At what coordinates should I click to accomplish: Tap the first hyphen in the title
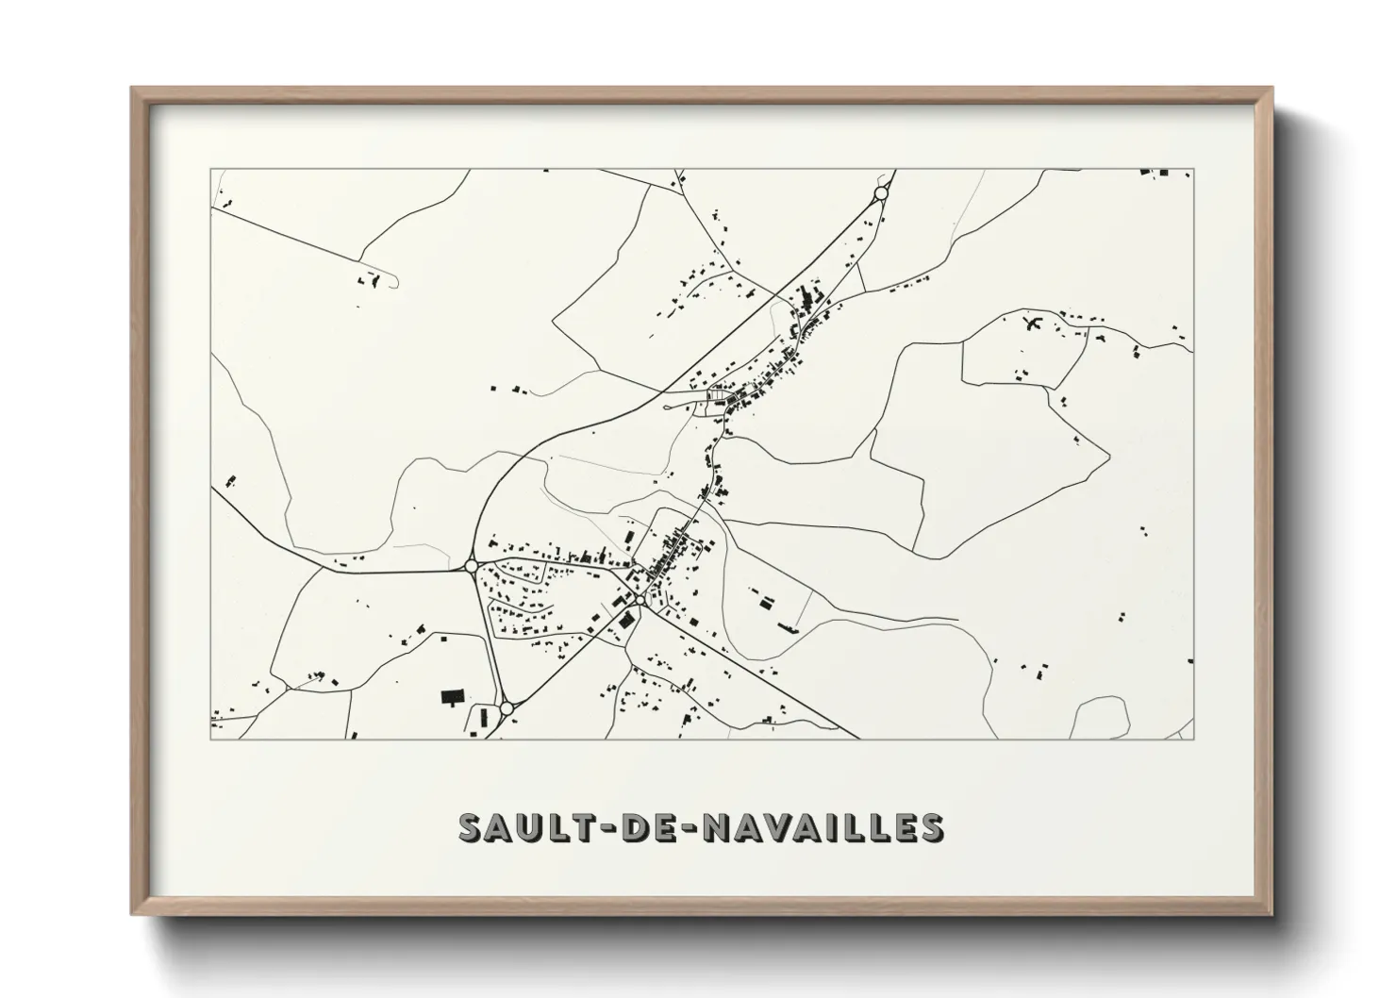pos(604,828)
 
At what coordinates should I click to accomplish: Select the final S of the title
pos(930,827)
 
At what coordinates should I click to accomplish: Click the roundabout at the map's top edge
pos(881,193)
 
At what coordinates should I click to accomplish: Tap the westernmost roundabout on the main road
pos(471,566)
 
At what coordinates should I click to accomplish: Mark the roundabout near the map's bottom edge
pos(507,707)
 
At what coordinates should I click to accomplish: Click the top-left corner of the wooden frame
pos(132,89)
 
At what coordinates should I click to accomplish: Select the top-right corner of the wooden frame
pos(1271,89)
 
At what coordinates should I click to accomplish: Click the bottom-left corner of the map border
pos(210,739)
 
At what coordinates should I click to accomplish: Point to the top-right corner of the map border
pos(1194,170)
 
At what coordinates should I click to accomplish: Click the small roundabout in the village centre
pos(639,600)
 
